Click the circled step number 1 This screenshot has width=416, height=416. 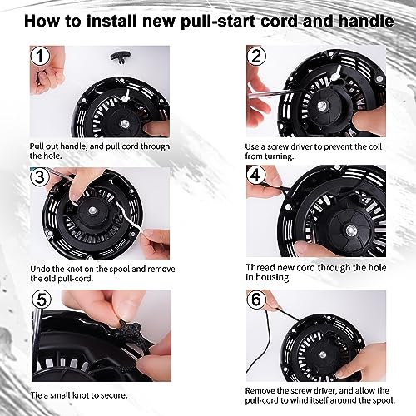(x=40, y=56)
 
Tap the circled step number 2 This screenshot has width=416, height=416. (x=256, y=56)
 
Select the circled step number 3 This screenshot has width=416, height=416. (x=40, y=177)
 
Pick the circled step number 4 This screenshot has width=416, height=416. (x=255, y=176)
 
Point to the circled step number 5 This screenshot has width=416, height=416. (x=42, y=300)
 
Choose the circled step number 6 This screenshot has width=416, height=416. (x=256, y=299)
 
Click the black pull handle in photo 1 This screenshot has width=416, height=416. (x=119, y=58)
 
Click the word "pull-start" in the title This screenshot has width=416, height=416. (x=218, y=22)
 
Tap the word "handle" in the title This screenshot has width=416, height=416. (x=366, y=21)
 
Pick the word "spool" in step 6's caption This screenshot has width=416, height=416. (x=384, y=400)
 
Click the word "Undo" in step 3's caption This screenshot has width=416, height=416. (x=40, y=269)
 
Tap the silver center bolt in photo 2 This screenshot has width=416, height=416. (x=322, y=105)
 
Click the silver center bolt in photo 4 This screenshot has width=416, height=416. (x=349, y=230)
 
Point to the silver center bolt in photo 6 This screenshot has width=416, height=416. (x=323, y=354)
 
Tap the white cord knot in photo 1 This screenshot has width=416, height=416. (x=126, y=97)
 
